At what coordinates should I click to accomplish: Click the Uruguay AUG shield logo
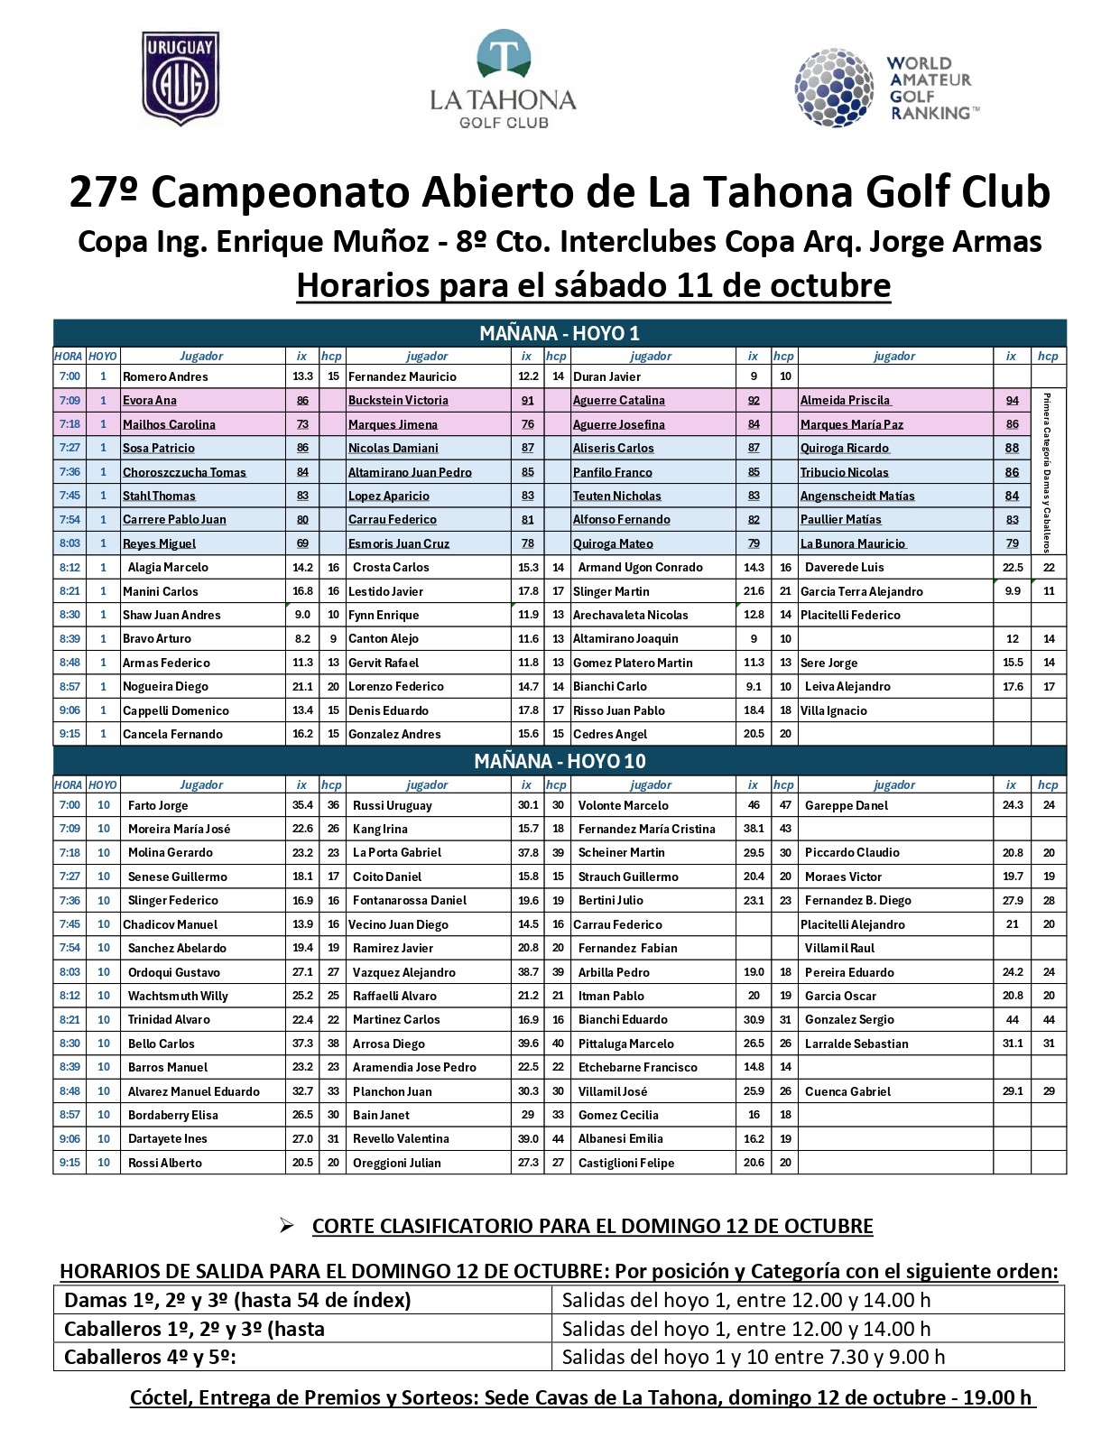coord(180,79)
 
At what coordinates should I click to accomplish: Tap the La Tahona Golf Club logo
coord(503,80)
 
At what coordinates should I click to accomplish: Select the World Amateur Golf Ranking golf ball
coord(834,88)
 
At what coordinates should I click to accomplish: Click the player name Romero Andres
coord(165,376)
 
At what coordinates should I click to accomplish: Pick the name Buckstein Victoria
coord(398,401)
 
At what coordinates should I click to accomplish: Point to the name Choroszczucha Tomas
coord(184,472)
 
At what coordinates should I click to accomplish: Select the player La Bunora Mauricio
coord(853,543)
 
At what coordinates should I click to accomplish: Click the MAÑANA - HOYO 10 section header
coord(560,761)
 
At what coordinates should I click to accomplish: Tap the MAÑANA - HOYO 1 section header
coord(560,333)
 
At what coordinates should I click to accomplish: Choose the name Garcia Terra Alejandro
coord(862,591)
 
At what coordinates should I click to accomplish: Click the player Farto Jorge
coord(158,805)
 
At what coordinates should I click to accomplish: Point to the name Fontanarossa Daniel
coord(410,900)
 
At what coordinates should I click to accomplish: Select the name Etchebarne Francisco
coord(637,1067)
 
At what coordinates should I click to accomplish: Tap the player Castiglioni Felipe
coord(626,1163)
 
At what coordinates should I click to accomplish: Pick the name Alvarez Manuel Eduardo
coord(193,1091)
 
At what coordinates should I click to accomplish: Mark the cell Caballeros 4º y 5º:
coord(151,1357)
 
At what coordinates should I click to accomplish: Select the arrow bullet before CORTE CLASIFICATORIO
coord(287,1225)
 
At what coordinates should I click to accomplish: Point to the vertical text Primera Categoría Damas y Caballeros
coord(1047,472)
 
